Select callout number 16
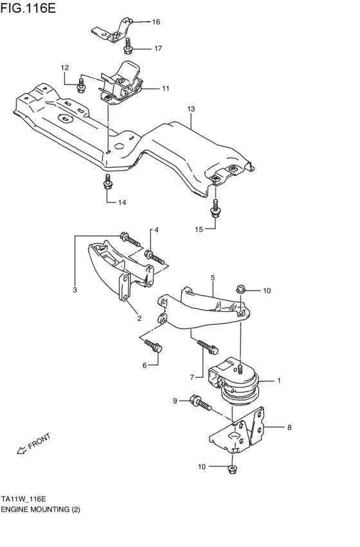coord(156,22)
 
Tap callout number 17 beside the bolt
coord(157,49)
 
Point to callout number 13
coord(190,109)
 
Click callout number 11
coord(165,88)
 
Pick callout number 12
coord(64,67)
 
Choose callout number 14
coord(122,202)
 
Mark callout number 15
coord(199,229)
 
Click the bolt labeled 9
coord(200,403)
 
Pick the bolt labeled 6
coord(155,348)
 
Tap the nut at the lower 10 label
coord(232,469)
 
